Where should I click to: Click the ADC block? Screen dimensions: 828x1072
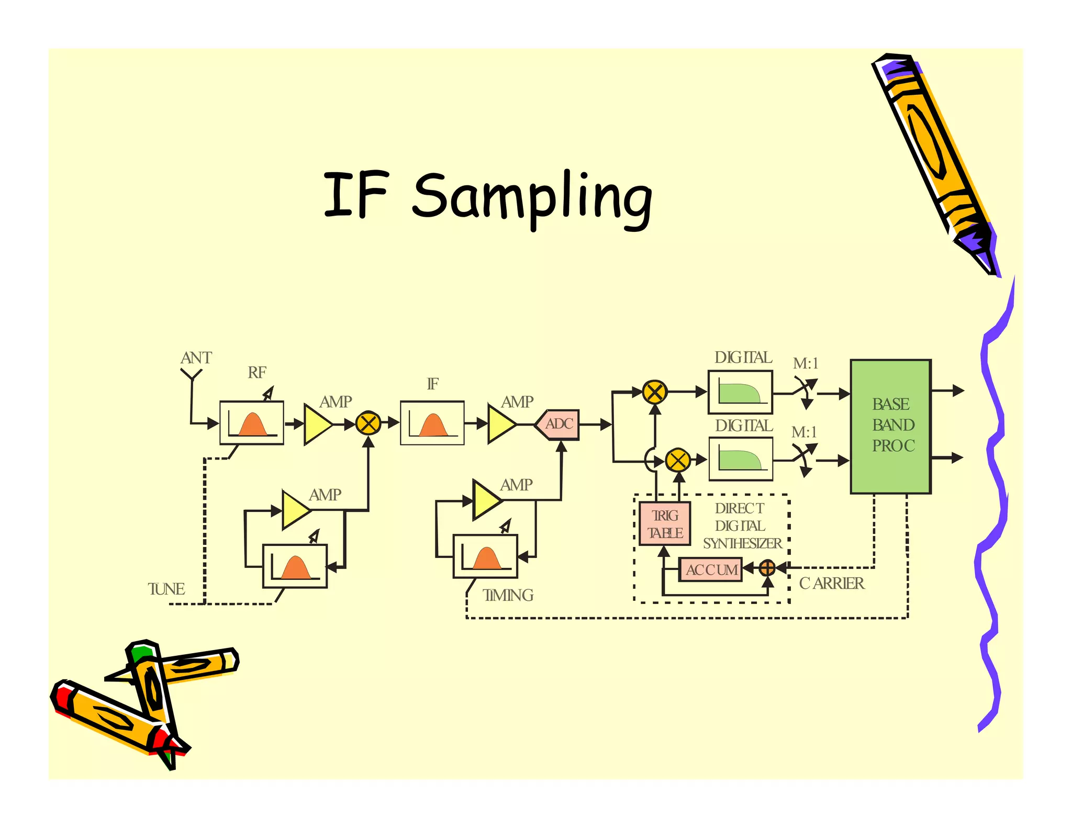point(558,424)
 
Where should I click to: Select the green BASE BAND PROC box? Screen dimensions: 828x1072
point(890,426)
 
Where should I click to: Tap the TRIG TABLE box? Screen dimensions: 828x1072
point(665,524)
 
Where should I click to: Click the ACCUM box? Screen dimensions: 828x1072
point(710,569)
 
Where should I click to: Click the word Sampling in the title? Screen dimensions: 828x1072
point(532,197)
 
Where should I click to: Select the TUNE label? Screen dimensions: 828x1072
point(166,589)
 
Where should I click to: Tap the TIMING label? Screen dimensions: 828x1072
point(508,596)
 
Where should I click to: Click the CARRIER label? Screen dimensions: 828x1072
point(831,584)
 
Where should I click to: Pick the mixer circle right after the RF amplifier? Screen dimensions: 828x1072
point(368,423)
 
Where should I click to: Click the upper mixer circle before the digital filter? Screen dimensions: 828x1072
point(654,392)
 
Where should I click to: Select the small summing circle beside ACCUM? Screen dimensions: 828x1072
point(767,568)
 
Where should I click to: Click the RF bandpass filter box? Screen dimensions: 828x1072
point(252,423)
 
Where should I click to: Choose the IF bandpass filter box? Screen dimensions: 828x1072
point(432,423)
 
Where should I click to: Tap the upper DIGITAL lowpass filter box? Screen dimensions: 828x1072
point(740,392)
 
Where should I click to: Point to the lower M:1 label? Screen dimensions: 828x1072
point(804,432)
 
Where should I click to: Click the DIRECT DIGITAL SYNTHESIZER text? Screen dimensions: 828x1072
point(741,526)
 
